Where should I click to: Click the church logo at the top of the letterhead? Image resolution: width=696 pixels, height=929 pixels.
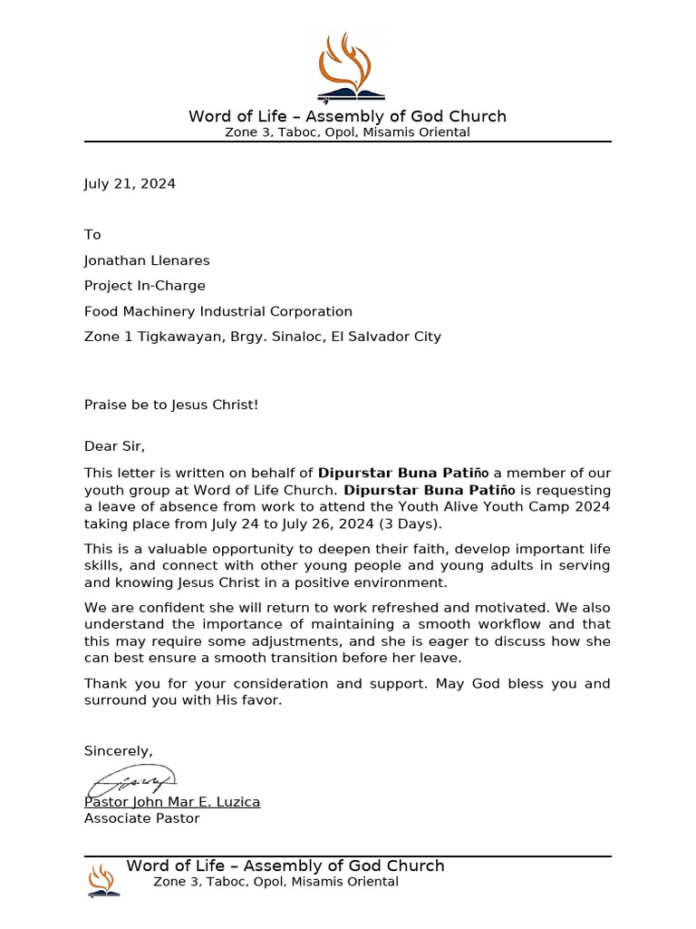coord(348,67)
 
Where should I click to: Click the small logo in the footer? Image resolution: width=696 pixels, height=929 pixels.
coord(101,880)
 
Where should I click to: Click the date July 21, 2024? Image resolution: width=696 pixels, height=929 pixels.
coord(130,184)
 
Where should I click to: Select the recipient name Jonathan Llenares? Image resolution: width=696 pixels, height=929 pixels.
coord(147,260)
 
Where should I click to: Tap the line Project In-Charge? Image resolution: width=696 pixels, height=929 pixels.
coord(145,286)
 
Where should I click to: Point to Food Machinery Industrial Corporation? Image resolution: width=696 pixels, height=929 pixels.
coord(218,311)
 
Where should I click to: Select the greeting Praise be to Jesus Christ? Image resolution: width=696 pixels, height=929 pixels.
coord(171,405)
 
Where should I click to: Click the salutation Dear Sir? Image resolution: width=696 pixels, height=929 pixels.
coord(114,446)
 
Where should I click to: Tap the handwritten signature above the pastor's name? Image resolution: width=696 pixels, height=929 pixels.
coord(131,780)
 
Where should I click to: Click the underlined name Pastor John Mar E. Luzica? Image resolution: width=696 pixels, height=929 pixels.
coord(172,802)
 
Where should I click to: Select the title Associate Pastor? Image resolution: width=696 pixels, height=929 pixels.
coord(142,818)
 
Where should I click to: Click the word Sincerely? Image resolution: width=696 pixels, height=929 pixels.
coord(118,751)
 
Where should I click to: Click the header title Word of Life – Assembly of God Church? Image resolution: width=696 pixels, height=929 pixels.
coord(347,116)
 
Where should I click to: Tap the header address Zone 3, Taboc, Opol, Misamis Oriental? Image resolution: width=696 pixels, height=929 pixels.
coord(347,132)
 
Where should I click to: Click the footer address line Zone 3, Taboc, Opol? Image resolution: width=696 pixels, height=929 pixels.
coord(275,882)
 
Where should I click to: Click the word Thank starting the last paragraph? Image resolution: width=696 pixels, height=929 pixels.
coord(104,683)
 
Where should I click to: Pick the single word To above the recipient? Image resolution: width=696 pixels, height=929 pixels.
coord(92,235)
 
